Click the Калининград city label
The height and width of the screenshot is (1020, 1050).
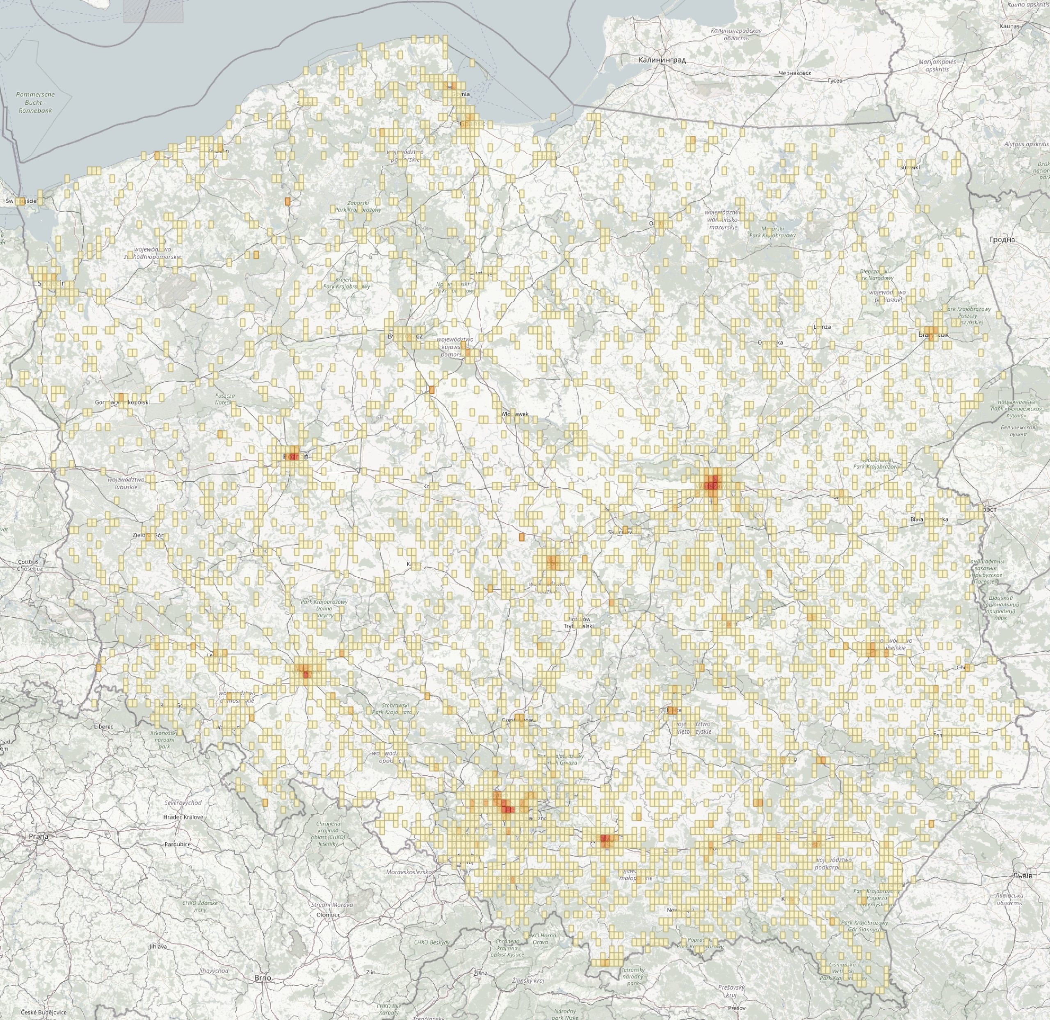pos(662,60)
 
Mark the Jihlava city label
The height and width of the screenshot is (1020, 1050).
pos(157,931)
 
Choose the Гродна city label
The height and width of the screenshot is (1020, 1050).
pos(1003,240)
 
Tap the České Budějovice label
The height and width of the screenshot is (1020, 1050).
pos(44,1013)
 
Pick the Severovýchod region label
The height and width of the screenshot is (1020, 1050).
pos(183,803)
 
